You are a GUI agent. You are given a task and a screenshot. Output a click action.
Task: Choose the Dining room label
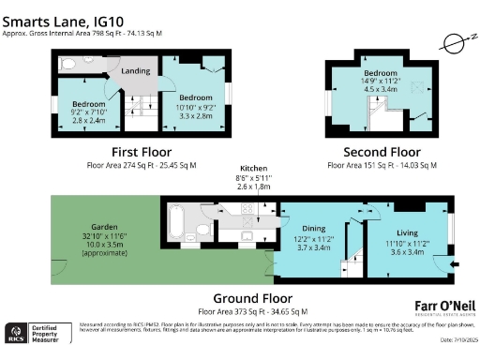click(314, 233)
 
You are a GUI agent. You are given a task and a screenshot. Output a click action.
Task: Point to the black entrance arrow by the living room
click(455, 265)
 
